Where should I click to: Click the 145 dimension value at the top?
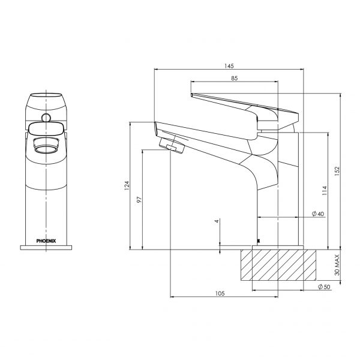pyautogui.click(x=228, y=65)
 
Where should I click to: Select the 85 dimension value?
pyautogui.click(x=234, y=77)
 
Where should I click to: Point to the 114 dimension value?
pyautogui.click(x=325, y=192)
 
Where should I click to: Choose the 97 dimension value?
pyautogui.click(x=139, y=200)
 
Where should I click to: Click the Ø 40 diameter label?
pyautogui.click(x=317, y=214)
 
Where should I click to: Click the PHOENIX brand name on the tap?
pyautogui.click(x=46, y=240)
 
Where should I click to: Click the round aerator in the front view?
pyautogui.click(x=46, y=145)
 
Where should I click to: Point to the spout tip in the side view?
pyautogui.click(x=159, y=127)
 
